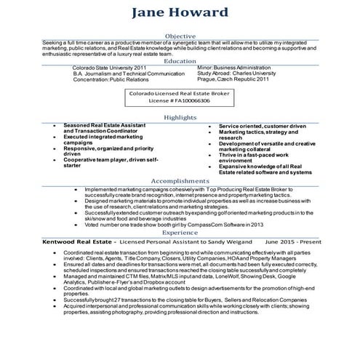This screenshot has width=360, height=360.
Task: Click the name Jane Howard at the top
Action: click(180, 14)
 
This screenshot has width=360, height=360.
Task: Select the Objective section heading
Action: click(180, 35)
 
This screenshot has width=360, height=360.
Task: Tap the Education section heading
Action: click(180, 61)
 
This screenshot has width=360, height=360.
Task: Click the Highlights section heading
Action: click(180, 116)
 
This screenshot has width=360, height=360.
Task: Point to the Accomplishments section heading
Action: click(180, 180)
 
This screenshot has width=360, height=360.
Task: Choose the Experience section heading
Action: click(180, 232)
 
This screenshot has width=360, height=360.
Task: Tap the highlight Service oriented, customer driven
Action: click(263, 126)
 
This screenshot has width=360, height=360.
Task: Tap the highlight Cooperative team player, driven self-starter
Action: click(110, 162)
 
